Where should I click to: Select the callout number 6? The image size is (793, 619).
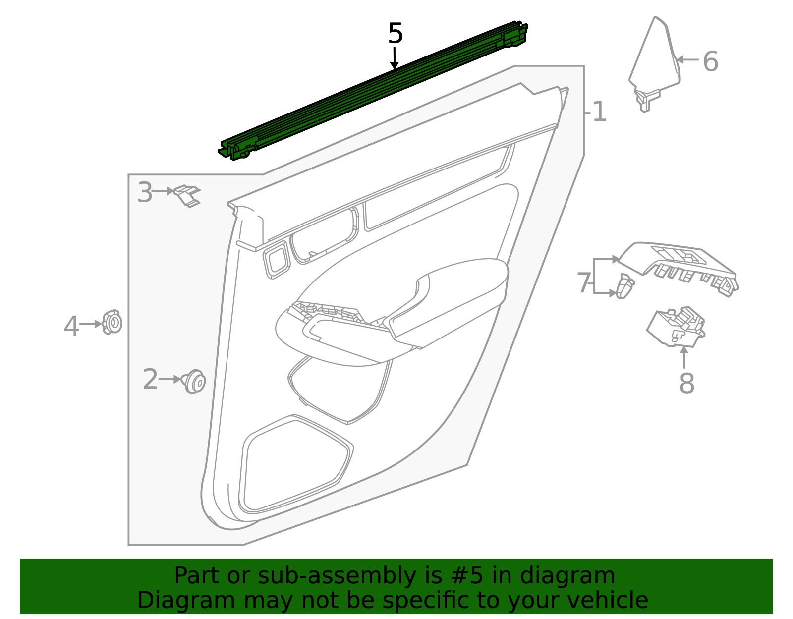click(710, 61)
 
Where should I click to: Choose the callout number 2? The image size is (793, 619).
click(150, 379)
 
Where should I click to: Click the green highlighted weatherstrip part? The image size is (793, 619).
click(373, 91)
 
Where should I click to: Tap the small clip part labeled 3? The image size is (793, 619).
click(187, 196)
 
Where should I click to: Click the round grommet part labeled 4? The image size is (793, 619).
click(112, 322)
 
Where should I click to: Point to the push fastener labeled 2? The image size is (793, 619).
click(194, 382)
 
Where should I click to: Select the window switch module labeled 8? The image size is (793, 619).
click(676, 327)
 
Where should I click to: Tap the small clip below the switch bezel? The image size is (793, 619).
click(625, 286)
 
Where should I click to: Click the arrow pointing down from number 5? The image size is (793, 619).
click(394, 57)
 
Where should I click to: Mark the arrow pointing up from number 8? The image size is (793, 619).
click(684, 357)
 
